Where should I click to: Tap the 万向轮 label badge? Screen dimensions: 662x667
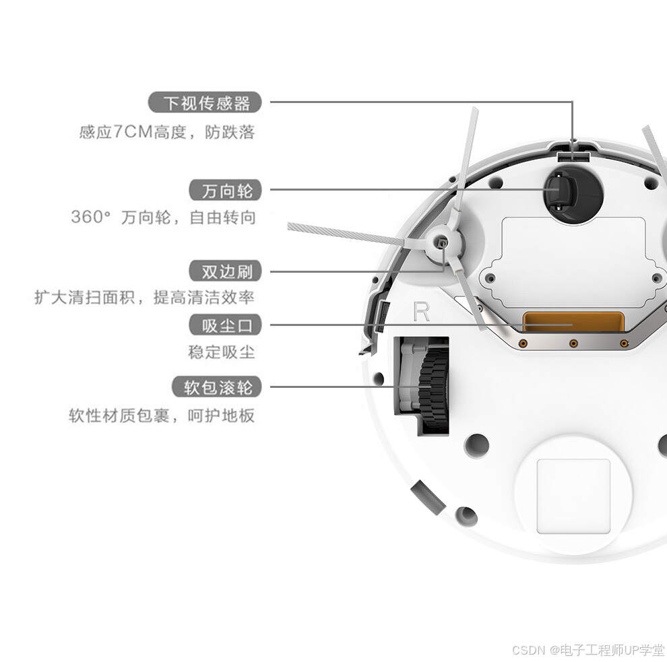(x=227, y=191)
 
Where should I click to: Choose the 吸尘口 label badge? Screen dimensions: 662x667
(x=227, y=326)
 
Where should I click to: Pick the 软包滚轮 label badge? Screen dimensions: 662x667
(x=218, y=387)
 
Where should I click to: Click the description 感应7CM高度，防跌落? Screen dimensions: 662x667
(x=167, y=131)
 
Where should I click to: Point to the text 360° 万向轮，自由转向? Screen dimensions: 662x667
(x=163, y=218)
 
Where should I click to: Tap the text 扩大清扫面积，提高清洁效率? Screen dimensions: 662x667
(x=144, y=297)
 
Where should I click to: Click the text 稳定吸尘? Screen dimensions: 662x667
(x=222, y=352)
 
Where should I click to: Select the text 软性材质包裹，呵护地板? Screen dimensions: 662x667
(x=162, y=415)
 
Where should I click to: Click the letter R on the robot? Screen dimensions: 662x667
(x=421, y=312)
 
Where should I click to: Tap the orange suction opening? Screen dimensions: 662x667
(x=573, y=322)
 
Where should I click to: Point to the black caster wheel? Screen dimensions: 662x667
(x=559, y=192)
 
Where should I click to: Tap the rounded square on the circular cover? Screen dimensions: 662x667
(x=573, y=496)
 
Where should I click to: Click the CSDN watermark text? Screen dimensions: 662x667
(x=587, y=650)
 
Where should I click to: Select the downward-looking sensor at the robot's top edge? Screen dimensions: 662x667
(x=573, y=156)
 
